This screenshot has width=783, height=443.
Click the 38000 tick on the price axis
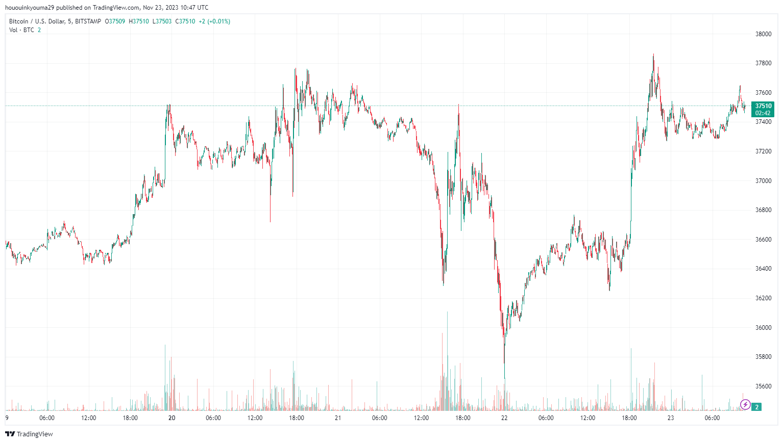pos(763,34)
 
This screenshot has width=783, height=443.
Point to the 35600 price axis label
pos(763,386)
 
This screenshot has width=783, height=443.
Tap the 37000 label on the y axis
pos(763,181)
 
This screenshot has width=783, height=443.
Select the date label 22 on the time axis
pos(504,418)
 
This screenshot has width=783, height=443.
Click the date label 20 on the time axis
pos(172,418)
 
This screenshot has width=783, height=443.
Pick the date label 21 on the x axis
pos(338,418)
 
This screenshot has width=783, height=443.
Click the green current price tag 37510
pos(763,106)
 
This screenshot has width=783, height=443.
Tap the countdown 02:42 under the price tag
pos(763,113)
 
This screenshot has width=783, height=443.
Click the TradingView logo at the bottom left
pos(29,434)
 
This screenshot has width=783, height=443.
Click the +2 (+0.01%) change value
pos(214,21)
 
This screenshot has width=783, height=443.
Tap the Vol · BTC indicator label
pos(21,30)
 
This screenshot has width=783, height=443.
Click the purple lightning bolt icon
pos(745,405)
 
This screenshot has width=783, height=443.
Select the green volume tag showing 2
pos(757,407)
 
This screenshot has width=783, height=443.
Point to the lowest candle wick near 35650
pos(504,377)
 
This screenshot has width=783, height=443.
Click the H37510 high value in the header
pos(139,21)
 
